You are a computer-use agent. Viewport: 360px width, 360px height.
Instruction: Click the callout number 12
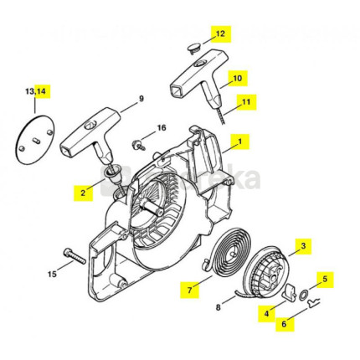tap(220, 33)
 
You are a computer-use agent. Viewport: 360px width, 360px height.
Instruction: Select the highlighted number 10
tap(237, 78)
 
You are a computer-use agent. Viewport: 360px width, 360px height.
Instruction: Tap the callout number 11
tap(246, 102)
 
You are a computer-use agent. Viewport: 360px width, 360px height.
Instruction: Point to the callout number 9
tap(141, 99)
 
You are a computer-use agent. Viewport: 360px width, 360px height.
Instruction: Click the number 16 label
tap(162, 128)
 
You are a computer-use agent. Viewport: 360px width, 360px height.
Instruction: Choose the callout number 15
tap(52, 274)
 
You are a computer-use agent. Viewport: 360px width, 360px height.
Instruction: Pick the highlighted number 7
tap(189, 290)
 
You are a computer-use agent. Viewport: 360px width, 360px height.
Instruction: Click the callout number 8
tap(219, 307)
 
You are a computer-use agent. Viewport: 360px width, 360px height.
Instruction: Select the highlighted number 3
tap(303, 246)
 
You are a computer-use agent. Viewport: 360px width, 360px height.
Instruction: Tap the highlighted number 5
tap(325, 279)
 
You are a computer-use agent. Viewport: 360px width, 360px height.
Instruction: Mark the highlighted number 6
tap(284, 324)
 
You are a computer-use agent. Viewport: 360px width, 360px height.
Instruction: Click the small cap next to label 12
tap(193, 49)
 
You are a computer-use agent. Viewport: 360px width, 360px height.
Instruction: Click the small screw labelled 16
tap(138, 145)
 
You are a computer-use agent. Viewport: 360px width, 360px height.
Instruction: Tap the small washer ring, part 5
tap(303, 295)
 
